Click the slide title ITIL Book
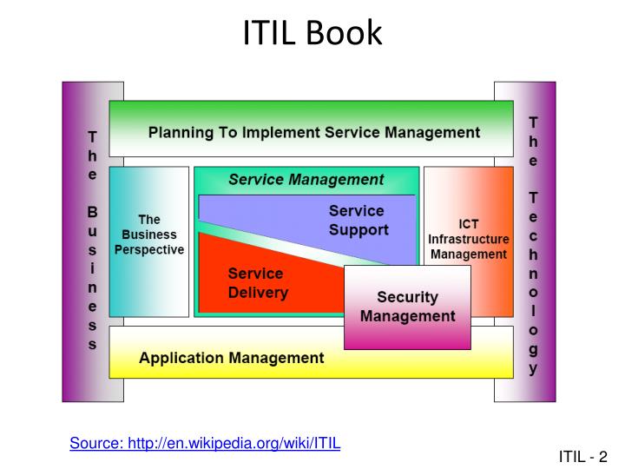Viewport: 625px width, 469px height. point(312,33)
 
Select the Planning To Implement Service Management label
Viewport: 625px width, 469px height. point(313,132)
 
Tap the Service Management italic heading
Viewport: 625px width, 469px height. point(306,180)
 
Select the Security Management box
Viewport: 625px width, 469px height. point(407,307)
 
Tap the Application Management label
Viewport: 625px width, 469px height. point(232,357)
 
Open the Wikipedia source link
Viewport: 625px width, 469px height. point(205,443)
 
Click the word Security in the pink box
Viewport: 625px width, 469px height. point(407,297)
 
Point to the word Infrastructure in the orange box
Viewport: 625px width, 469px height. point(468,239)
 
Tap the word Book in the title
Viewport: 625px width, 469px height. point(348,33)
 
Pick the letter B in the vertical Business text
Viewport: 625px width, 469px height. point(92,211)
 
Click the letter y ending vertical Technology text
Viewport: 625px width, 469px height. point(533,367)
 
